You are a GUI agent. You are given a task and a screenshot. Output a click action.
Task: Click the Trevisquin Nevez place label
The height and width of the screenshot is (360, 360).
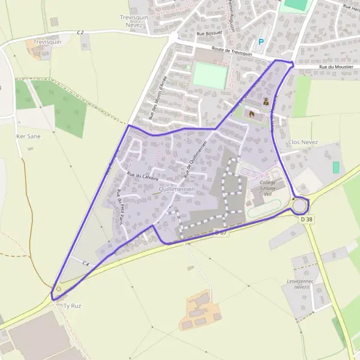pos(134,22)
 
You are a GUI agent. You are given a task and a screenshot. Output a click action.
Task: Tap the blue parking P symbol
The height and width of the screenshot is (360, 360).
pos(261,42)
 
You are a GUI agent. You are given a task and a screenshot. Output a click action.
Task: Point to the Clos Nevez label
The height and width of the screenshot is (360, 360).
pos(303,142)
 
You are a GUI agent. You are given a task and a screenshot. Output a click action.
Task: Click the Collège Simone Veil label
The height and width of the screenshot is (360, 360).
pos(264,188)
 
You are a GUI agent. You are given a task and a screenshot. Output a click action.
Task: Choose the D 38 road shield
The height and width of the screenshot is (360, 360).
pos(306,220)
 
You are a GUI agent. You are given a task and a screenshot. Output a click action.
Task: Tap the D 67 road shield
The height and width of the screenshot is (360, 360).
pos(221,232)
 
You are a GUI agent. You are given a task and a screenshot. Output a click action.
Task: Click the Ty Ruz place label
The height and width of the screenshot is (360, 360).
pos(72,305)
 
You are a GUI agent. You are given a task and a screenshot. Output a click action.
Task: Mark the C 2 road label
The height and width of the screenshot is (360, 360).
pos(81,31)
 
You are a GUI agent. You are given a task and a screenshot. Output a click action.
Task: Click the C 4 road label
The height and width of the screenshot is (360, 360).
pos(86,264)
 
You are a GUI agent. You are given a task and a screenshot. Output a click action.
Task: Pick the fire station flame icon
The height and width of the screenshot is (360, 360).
pos(251,113)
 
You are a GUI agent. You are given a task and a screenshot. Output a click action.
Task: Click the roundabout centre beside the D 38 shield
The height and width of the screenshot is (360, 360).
pos(300,206)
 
